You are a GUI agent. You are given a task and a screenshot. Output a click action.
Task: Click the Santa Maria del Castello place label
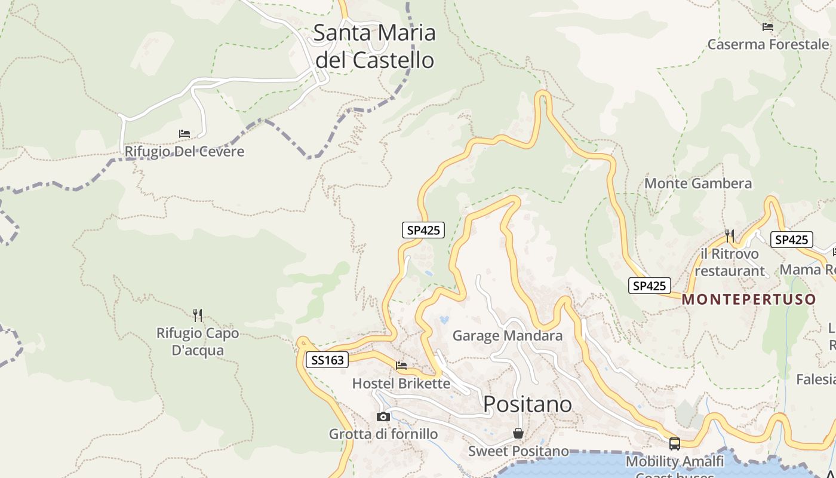pos(374,46)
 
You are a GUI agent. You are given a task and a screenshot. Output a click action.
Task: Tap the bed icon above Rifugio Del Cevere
pos(185,133)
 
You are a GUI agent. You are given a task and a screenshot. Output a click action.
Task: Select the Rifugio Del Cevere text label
pos(185,151)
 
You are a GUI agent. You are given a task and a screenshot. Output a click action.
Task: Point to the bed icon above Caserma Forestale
pos(768,27)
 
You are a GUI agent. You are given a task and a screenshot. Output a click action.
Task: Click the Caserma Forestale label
pos(768,44)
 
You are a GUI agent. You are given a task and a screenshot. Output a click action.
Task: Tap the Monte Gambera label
pos(697,183)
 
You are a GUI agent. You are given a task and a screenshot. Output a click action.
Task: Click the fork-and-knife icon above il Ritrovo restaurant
pos(729,235)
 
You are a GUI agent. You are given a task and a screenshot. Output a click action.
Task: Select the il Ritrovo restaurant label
pos(729,262)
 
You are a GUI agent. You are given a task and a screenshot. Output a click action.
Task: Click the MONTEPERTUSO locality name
pos(749,299)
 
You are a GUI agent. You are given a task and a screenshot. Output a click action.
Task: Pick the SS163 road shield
pos(327,360)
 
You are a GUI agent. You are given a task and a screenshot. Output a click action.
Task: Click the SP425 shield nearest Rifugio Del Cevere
pos(423,230)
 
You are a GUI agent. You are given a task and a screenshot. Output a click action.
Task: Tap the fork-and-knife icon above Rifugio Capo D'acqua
pos(198,315)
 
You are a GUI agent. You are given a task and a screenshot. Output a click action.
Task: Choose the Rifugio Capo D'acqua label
pos(198,342)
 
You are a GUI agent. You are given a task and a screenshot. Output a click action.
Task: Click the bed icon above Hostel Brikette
pos(401,365)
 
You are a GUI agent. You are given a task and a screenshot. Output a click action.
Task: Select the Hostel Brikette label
pos(401,384)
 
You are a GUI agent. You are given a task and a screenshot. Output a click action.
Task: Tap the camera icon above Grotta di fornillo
pos(383,416)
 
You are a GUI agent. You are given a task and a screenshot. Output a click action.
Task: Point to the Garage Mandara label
pos(507,336)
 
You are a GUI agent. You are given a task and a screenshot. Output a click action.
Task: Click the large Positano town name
pos(527,405)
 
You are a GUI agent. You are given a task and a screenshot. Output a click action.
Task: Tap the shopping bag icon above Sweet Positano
pos(518,433)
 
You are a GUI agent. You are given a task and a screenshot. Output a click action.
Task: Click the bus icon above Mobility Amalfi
pos(675,443)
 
